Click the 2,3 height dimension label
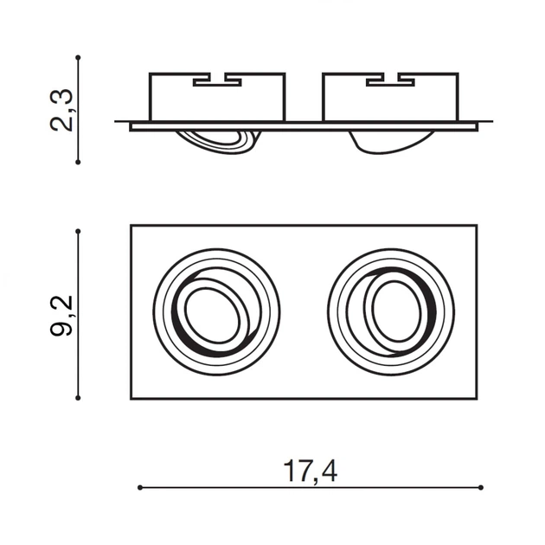[x=61, y=110]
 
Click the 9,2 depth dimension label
[x=61, y=316]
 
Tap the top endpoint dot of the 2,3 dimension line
[x=78, y=57]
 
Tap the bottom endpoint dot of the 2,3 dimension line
[x=78, y=162]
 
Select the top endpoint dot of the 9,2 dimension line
[x=78, y=231]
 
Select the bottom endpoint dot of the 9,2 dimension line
[x=78, y=398]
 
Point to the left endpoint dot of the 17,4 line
[x=140, y=488]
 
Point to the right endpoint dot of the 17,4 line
[x=481, y=488]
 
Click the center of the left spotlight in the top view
[x=216, y=312]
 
